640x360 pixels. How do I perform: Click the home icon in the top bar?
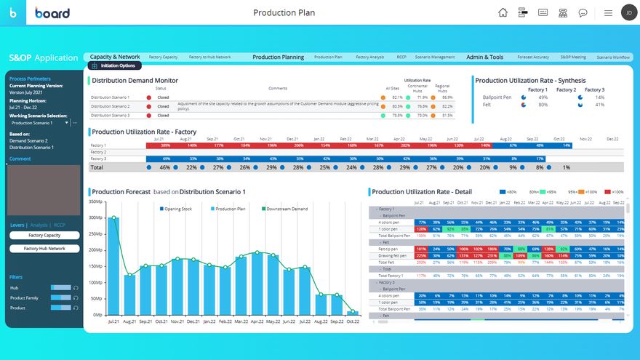pos(503,12)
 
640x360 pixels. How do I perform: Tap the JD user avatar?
pos(628,12)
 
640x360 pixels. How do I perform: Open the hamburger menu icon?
pos(608,12)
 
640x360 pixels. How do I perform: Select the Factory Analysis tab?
pos(369,57)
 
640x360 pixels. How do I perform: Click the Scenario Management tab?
pos(436,57)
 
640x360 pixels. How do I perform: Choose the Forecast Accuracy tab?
pos(533,57)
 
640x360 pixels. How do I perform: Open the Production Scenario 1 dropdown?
pos(68,123)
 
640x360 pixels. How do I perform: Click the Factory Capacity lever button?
pos(44,236)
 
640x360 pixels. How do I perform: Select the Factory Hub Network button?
pos(44,249)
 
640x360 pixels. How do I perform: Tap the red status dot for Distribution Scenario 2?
pos(149,106)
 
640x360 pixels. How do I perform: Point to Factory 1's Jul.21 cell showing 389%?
pos(166,145)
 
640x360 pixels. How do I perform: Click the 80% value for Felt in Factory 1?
pos(543,105)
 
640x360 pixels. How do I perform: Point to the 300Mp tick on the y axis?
pos(95,217)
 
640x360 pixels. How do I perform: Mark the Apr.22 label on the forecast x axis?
pos(257,321)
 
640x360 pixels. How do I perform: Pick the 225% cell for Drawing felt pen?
pos(421,255)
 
